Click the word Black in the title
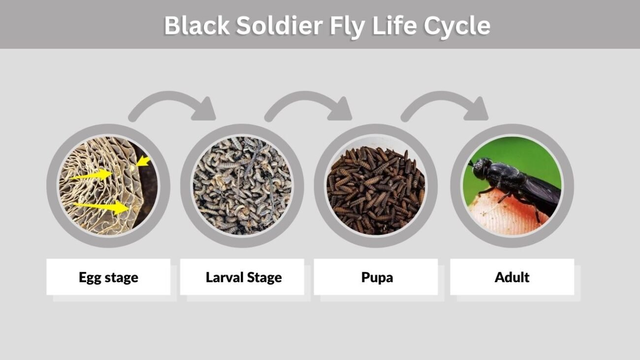click(197, 26)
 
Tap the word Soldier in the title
click(280, 26)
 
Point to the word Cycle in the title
click(457, 27)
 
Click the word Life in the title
click(394, 26)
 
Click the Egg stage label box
click(108, 277)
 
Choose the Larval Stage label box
click(242, 277)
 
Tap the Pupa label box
click(376, 277)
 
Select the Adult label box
click(512, 277)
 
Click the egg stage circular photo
click(108, 186)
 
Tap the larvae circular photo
click(242, 186)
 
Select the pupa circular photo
click(376, 186)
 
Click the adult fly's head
click(481, 168)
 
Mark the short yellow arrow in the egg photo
click(143, 162)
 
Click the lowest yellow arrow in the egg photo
click(101, 207)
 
